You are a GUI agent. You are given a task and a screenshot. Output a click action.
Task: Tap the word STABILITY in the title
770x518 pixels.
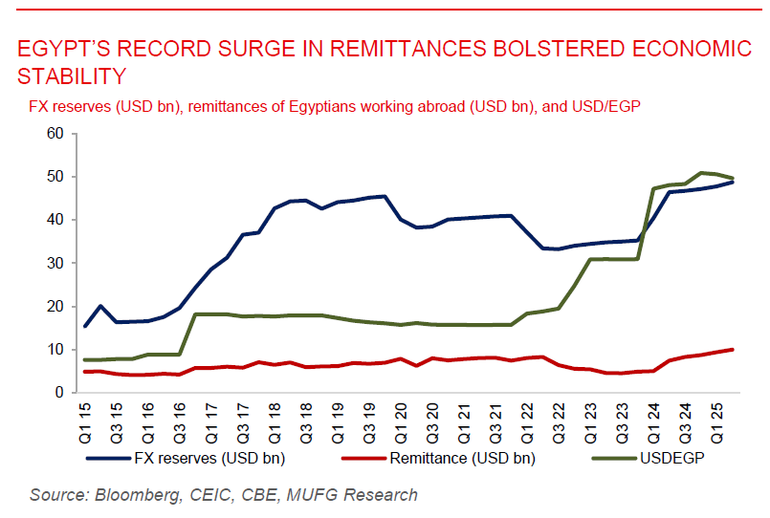point(72,76)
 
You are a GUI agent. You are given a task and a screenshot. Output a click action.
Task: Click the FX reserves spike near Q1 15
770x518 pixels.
point(101,306)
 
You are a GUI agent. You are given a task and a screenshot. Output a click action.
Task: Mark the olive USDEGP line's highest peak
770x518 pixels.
point(702,173)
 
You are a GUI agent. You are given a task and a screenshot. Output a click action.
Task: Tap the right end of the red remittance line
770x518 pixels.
point(733,349)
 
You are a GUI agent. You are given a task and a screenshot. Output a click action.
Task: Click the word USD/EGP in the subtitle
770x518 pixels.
point(607,105)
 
